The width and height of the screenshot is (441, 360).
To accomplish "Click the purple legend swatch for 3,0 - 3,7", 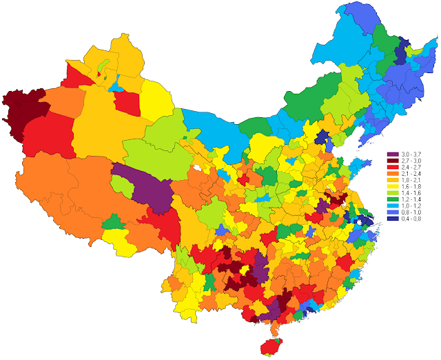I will click(x=391, y=154).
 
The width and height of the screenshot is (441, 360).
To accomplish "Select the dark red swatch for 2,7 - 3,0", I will click(x=391, y=161).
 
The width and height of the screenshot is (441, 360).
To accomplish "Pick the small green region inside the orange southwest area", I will click(x=115, y=223).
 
